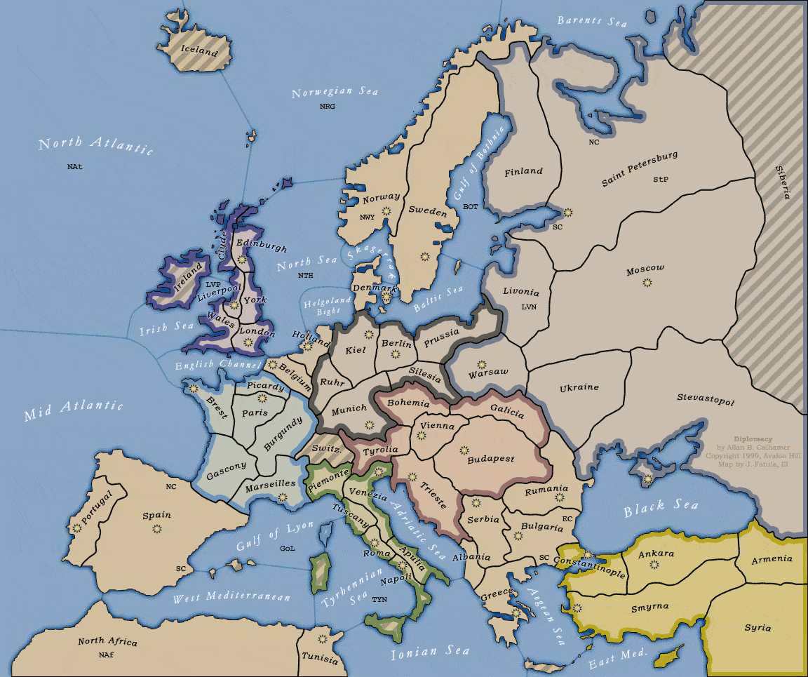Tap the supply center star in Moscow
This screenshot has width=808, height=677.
647,283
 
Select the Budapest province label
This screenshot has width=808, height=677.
490,459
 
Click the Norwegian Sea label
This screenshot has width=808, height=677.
335,93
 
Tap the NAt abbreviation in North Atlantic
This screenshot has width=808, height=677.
75,167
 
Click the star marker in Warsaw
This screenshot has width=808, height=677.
481,364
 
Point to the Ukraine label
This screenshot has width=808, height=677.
579,388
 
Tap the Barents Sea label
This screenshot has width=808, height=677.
592,21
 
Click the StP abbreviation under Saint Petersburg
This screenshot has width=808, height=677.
660,180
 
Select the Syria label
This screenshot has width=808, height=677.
757,628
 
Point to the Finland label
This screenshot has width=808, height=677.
523,171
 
